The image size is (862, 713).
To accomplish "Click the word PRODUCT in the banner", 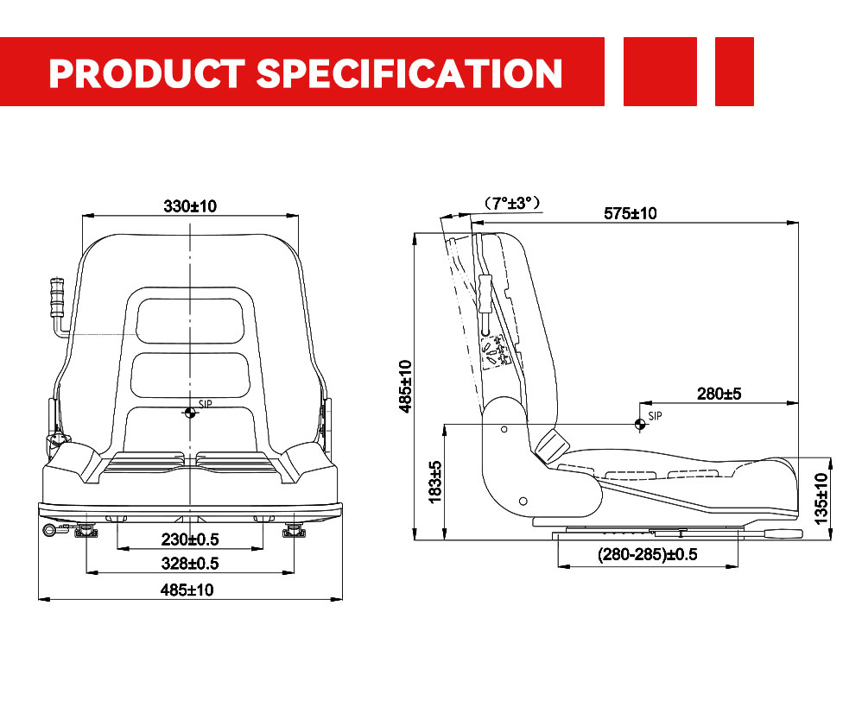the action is click(147, 73).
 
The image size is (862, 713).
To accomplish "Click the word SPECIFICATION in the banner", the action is click(409, 73).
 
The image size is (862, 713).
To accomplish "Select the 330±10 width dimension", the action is click(190, 206).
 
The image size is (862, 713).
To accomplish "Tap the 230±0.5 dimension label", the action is click(190, 539).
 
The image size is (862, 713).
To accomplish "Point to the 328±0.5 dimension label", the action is click(190, 564).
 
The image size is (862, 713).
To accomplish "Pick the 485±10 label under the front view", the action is click(187, 590).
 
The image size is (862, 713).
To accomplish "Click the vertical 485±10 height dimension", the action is click(405, 386).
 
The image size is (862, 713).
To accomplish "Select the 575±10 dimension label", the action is click(631, 213).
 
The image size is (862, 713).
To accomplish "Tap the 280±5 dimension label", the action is click(719, 394).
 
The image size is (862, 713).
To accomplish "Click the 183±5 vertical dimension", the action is click(434, 483).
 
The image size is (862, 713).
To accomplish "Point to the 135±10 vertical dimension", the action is click(821, 499).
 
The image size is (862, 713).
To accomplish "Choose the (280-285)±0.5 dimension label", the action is click(648, 554).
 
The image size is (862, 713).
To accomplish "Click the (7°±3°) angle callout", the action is click(512, 203).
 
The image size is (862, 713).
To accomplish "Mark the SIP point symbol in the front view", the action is click(190, 413).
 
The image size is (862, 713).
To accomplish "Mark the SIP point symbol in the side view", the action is click(640, 424).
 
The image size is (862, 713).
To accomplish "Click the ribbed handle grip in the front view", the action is click(57, 298).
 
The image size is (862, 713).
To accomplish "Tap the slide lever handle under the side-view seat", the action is click(782, 533).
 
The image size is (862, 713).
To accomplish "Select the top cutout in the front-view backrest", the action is click(190, 321).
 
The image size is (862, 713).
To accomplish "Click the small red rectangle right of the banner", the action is click(734, 72).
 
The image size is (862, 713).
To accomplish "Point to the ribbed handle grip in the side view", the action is click(485, 293).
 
